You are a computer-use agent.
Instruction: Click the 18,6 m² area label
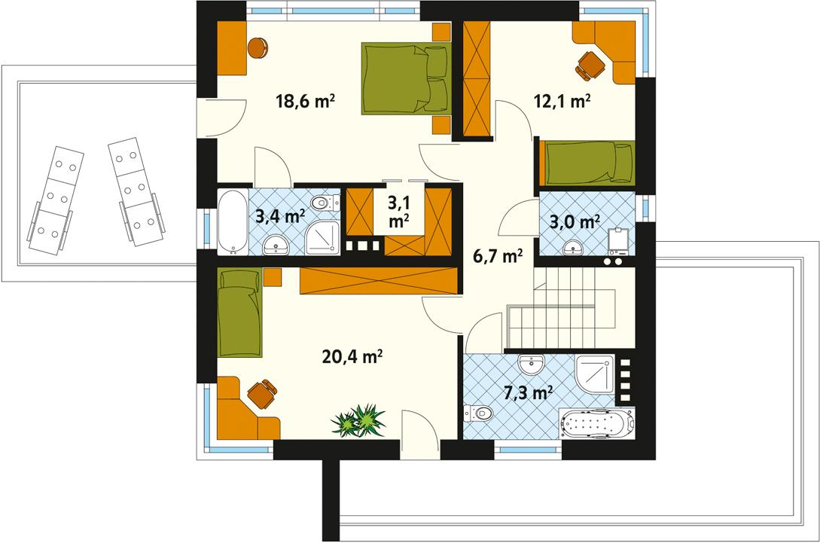(305, 100)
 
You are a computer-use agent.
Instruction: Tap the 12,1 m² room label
(562, 102)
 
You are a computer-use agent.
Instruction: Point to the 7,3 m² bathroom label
(528, 392)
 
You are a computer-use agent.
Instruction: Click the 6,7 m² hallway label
(497, 257)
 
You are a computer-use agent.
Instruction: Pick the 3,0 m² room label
(574, 221)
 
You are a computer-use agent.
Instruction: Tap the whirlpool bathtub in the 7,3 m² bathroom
(597, 424)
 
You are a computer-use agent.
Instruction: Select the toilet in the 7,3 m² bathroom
(479, 412)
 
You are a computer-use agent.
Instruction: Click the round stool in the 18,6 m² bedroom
(258, 47)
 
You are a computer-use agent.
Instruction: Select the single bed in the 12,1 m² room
(587, 162)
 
